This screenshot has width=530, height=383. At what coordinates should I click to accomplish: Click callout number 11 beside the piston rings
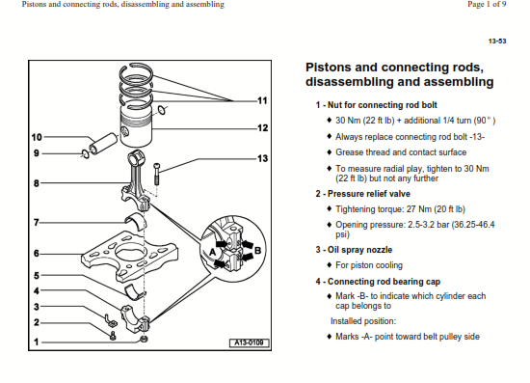tap(262, 100)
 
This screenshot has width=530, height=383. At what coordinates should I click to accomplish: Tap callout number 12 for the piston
tap(263, 128)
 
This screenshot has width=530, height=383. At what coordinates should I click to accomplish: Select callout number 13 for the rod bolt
tap(263, 158)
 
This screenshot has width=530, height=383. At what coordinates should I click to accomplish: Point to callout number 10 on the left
tap(37, 137)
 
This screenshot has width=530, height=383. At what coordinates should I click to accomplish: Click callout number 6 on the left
tap(37, 254)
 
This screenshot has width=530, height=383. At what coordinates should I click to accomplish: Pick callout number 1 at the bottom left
tap(37, 342)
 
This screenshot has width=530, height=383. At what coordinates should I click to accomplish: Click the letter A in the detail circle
tap(212, 253)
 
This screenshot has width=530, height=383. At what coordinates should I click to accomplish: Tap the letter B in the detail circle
tap(257, 251)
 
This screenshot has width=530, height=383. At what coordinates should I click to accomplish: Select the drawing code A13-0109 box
tap(250, 342)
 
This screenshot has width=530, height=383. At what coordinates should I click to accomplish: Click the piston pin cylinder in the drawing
tap(103, 144)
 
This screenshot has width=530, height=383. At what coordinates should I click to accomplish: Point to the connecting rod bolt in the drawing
tap(156, 174)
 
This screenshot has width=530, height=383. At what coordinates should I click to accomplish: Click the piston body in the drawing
tap(136, 127)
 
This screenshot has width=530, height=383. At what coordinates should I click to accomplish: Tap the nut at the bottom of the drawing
tap(144, 339)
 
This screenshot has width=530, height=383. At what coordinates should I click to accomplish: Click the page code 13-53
tap(497, 41)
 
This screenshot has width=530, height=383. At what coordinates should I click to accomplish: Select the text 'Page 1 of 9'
tap(487, 5)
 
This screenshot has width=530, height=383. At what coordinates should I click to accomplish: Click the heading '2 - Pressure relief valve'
tap(362, 194)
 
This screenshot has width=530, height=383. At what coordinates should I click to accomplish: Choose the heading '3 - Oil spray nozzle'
tap(354, 250)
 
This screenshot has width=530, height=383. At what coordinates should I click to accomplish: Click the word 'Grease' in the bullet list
tap(348, 152)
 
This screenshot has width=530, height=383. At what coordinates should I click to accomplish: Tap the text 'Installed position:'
tap(363, 321)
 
